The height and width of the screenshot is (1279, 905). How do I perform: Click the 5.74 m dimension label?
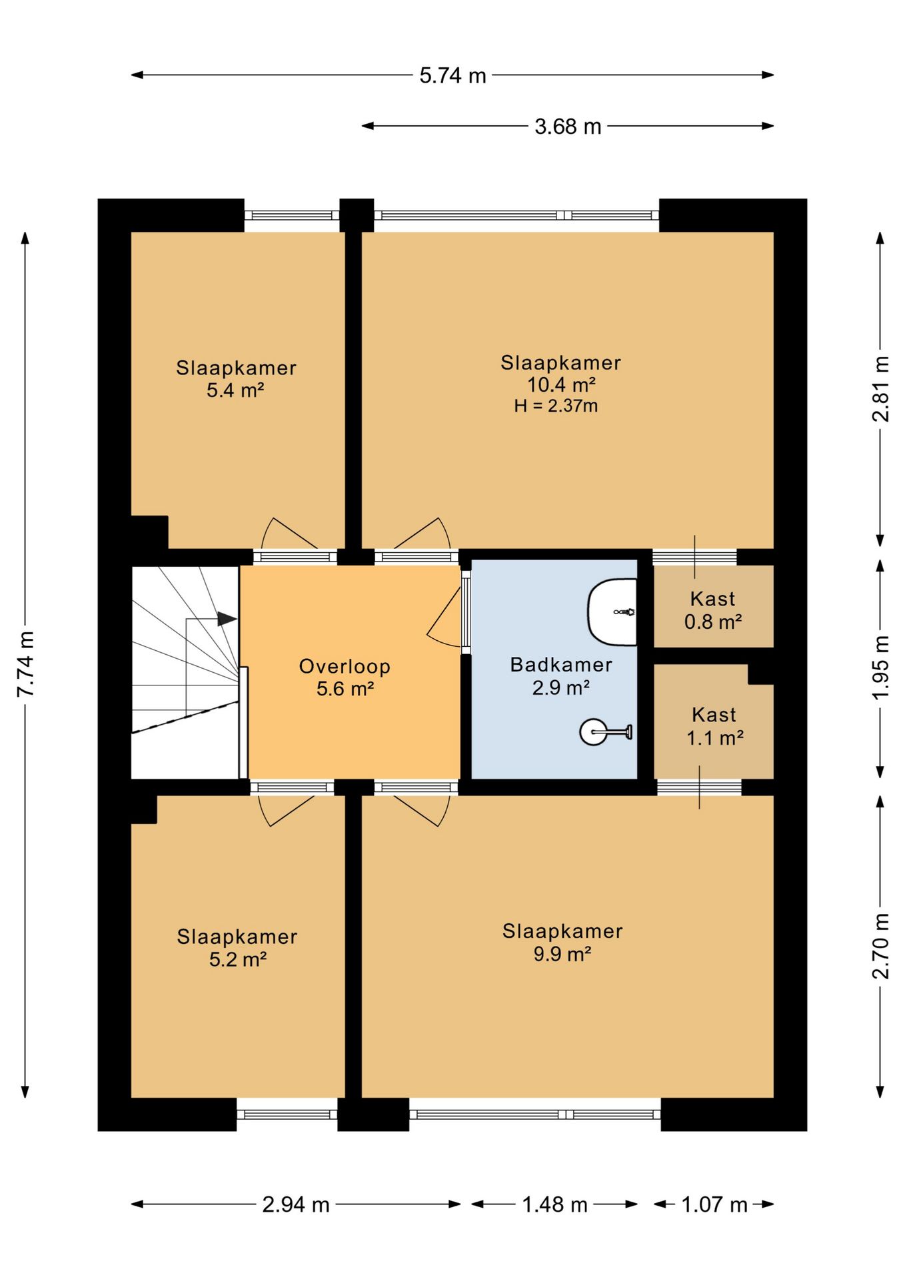pos(452,75)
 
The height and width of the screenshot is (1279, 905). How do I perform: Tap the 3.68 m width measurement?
pos(568,126)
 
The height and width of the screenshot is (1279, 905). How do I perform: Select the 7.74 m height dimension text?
pos(25,664)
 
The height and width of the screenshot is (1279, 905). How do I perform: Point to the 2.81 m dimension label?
pos(880,389)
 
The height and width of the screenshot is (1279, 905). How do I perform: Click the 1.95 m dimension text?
pos(880,667)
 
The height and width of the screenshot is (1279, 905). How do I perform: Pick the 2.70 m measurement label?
pos(880,946)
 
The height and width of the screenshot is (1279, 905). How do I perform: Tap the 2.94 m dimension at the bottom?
pos(296,1204)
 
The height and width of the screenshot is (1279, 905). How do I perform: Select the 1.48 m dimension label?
pos(554,1204)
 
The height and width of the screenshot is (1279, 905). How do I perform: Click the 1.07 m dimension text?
pos(714,1204)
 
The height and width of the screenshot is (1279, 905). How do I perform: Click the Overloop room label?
pos(345,666)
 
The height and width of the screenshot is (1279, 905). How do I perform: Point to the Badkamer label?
pos(561,664)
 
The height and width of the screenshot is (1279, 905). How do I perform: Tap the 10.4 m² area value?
pos(561,384)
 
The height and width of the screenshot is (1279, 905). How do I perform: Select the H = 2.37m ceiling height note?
pos(556,406)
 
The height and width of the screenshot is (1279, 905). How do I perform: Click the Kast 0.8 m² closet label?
pos(713,610)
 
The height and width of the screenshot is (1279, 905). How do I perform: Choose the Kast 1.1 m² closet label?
pos(714,726)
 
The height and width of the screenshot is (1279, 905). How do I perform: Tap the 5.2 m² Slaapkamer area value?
pos(238,959)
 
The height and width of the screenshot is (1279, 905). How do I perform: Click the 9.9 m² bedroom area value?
pos(562,953)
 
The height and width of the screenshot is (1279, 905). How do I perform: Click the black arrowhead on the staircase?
pos(227,619)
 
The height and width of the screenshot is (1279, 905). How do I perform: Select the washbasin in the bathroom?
pos(612,612)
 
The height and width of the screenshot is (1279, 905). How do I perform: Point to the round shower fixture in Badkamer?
pos(593,732)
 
